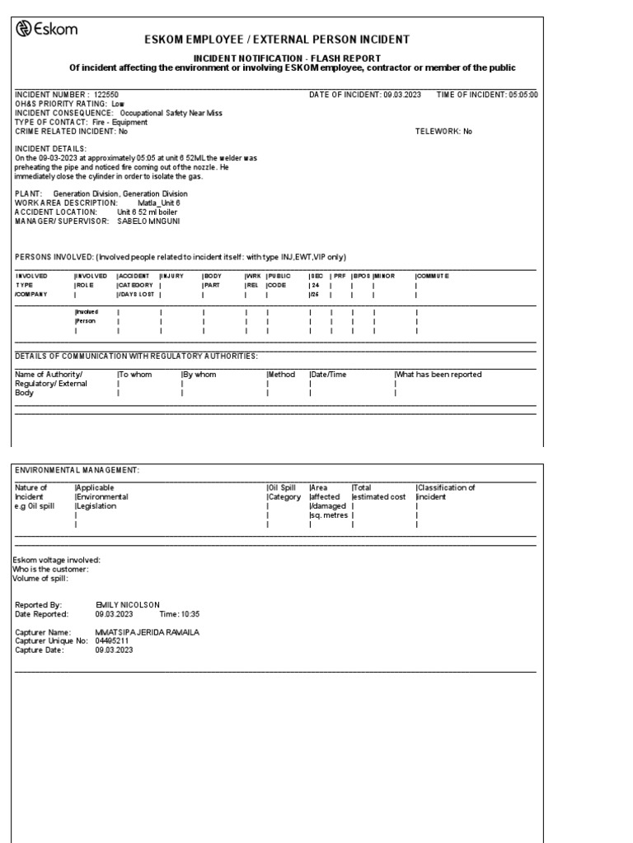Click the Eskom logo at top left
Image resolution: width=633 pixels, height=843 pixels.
pos(47,30)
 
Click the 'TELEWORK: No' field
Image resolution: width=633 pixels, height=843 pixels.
pos(443,131)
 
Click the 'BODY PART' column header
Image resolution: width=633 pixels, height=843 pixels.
pos(213,281)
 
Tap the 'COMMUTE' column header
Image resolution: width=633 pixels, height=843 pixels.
pos(434,276)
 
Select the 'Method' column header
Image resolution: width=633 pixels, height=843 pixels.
pos(281,375)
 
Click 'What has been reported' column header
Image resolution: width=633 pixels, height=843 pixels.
pos(438,375)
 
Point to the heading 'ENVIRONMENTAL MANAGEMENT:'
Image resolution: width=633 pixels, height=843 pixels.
pos(77,469)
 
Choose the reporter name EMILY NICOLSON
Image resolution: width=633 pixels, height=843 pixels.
pos(128,605)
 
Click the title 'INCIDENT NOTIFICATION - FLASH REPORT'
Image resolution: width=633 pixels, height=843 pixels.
pos(287,58)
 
